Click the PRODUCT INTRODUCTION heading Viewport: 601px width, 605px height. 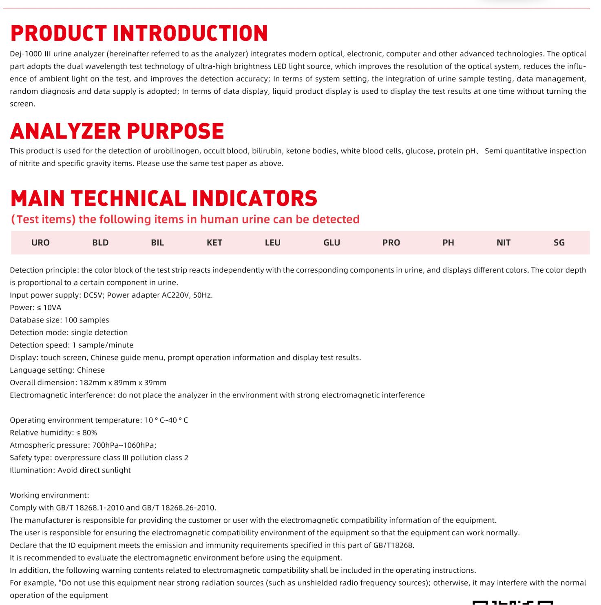coord(139,33)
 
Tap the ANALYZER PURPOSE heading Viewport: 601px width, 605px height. coord(117,131)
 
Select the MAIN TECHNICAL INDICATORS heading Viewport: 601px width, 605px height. coord(164,198)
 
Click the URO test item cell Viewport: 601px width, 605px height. coord(40,243)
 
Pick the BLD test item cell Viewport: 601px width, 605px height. coord(100,243)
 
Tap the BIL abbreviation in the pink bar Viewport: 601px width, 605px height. coord(157,243)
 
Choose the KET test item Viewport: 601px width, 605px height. coord(214,243)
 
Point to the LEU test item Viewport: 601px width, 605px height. coord(273,243)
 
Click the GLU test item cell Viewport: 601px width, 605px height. coord(331,243)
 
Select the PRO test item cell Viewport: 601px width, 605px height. coord(391,243)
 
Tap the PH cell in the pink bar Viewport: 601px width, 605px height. coord(448,243)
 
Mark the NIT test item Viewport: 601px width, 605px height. coord(504,243)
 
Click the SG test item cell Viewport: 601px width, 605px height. coord(559,243)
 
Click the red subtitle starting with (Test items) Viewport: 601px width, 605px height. coord(185,219)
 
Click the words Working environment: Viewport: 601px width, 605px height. coord(49,495)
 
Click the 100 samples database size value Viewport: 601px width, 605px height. coord(86,320)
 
